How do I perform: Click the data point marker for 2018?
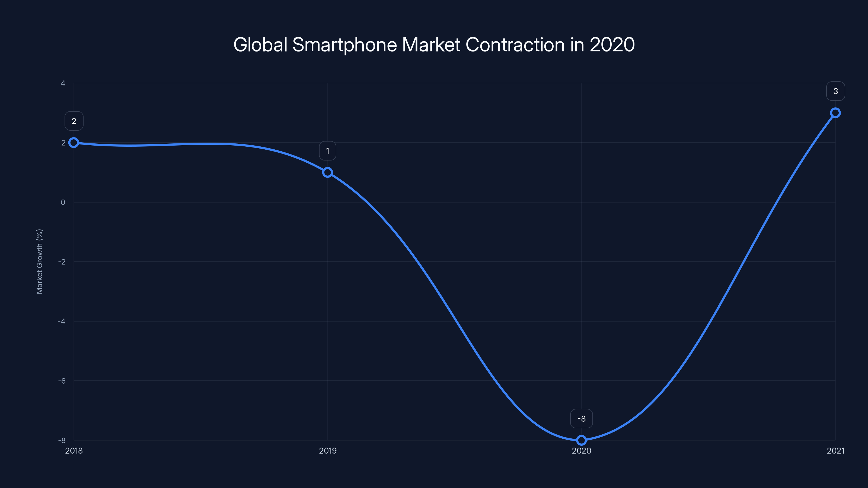(x=74, y=143)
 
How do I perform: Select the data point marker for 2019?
(x=327, y=172)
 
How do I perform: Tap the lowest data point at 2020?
(x=581, y=440)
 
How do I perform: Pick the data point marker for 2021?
(x=835, y=113)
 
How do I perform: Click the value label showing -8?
(x=581, y=419)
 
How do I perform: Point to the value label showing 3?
(x=835, y=91)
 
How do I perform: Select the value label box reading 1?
(x=327, y=151)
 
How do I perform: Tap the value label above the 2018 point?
(x=74, y=121)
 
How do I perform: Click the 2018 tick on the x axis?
(x=74, y=451)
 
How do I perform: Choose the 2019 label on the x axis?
(x=327, y=451)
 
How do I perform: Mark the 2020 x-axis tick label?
(x=581, y=451)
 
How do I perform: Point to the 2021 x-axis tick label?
(x=835, y=451)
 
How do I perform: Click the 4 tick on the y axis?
(x=63, y=83)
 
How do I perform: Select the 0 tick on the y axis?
(x=63, y=203)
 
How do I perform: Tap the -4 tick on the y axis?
(x=62, y=321)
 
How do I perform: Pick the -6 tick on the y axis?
(x=62, y=381)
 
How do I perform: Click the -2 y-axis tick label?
(x=62, y=262)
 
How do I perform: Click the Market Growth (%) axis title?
(x=39, y=261)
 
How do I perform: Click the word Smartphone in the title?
(x=344, y=45)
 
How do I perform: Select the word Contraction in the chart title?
(x=515, y=45)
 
